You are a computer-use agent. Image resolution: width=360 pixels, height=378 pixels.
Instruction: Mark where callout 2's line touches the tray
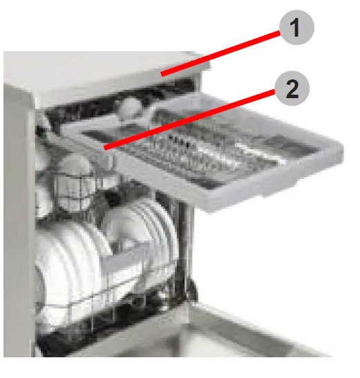click(x=104, y=147)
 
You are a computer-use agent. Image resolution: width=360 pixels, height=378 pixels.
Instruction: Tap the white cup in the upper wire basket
click(x=73, y=173)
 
